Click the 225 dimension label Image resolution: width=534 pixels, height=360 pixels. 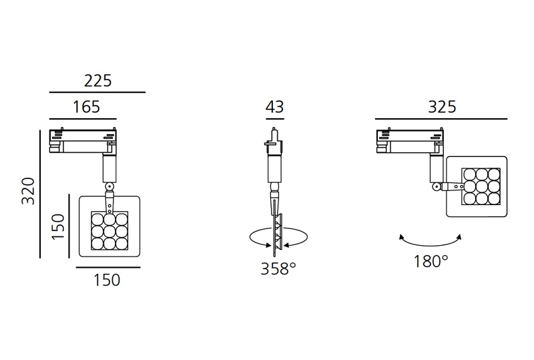click(x=97, y=81)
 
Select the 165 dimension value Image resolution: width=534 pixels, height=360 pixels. click(x=87, y=107)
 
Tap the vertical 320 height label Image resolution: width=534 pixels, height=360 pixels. click(x=28, y=191)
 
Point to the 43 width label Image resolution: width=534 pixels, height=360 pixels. click(x=274, y=107)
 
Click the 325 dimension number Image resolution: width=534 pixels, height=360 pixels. click(x=442, y=107)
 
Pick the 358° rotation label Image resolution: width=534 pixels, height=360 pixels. click(x=278, y=268)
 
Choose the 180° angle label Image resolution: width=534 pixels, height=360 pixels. click(x=431, y=261)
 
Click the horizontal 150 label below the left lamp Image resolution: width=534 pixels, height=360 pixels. click(x=107, y=281)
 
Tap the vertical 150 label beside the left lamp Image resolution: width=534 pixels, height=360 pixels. click(x=58, y=226)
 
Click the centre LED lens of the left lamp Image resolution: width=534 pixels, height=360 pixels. click(x=109, y=231)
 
